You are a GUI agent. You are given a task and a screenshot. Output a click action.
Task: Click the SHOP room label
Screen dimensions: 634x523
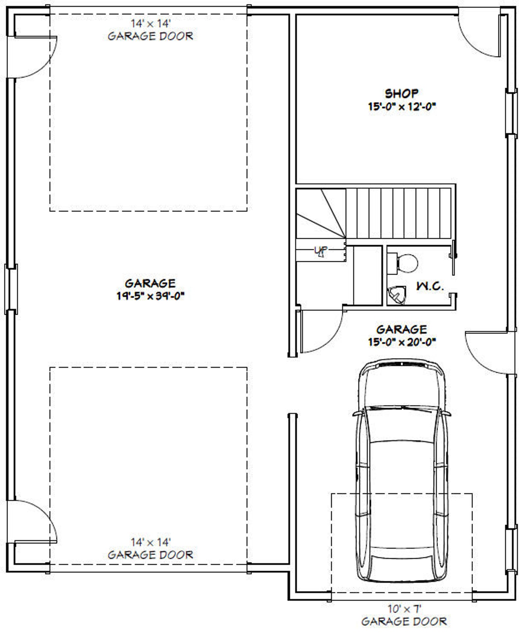tap(401, 94)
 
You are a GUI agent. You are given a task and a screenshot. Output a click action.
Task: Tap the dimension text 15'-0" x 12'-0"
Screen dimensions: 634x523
tap(402, 107)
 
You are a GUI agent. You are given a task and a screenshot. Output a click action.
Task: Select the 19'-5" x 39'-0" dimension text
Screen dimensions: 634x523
tap(150, 296)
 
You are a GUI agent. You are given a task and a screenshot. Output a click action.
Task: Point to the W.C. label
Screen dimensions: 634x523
tap(430, 286)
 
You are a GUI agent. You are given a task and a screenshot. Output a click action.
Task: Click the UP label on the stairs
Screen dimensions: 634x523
tap(320, 251)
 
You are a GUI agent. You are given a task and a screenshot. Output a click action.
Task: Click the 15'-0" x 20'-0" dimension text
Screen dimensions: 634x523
tap(402, 342)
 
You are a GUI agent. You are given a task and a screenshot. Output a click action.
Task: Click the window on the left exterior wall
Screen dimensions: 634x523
tap(11, 289)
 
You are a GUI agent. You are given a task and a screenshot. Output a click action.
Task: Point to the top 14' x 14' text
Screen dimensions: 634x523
tap(151, 24)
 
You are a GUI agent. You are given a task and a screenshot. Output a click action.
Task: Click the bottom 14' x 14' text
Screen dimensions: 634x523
tap(151, 542)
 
